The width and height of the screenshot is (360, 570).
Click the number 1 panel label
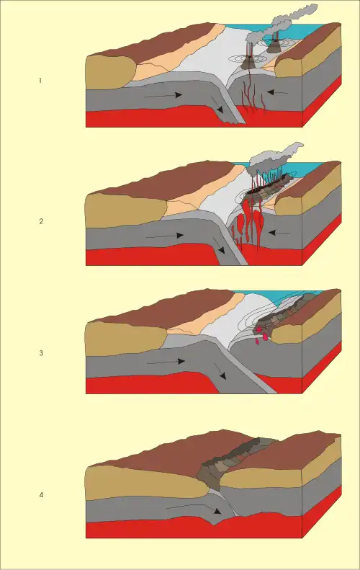(40, 80)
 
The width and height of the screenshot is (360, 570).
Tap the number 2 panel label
(41, 221)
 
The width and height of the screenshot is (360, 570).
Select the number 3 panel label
(41, 353)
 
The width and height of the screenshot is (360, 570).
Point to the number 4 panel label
(41, 495)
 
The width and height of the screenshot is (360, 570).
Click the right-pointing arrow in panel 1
(163, 96)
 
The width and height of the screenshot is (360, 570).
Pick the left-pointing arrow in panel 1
(277, 93)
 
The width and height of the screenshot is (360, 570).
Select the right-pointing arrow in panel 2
(164, 236)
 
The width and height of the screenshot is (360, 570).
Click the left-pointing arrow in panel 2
(279, 232)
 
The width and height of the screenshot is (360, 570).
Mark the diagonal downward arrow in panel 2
(219, 246)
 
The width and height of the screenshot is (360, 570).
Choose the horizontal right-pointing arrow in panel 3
(166, 362)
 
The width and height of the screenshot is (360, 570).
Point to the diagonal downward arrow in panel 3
(220, 372)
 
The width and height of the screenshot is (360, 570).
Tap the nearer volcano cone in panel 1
(249, 63)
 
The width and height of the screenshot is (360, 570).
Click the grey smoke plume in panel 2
(276, 158)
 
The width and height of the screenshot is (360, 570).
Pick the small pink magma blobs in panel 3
(262, 337)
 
